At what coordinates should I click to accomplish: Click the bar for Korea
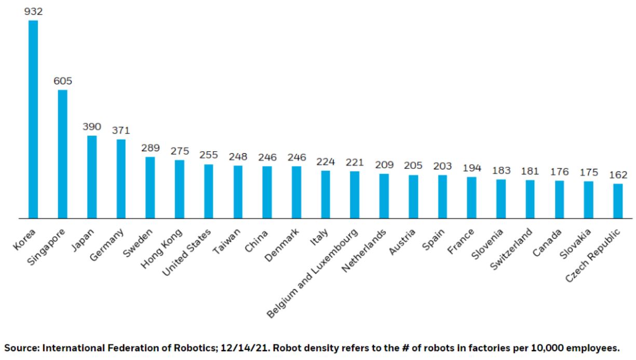click(x=33, y=119)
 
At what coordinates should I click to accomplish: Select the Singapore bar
click(x=62, y=154)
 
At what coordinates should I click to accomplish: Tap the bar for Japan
click(x=92, y=177)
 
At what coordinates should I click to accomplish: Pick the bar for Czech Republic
click(x=618, y=201)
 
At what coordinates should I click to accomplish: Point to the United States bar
click(x=209, y=191)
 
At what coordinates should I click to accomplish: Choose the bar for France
click(x=471, y=197)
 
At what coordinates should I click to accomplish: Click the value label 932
click(x=33, y=11)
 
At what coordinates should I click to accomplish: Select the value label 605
click(x=62, y=81)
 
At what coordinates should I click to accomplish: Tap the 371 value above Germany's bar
click(x=121, y=130)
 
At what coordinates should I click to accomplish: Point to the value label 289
click(x=150, y=148)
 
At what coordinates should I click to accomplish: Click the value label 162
click(x=618, y=175)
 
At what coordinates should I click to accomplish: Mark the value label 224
click(x=326, y=162)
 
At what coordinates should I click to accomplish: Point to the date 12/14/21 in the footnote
click(x=197, y=348)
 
